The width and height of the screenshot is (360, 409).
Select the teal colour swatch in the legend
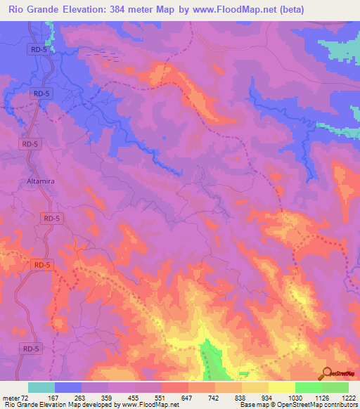(x=41, y=387)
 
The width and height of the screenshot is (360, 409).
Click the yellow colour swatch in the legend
(x=282, y=387)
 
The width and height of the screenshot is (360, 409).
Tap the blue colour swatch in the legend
(x=68, y=387)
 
